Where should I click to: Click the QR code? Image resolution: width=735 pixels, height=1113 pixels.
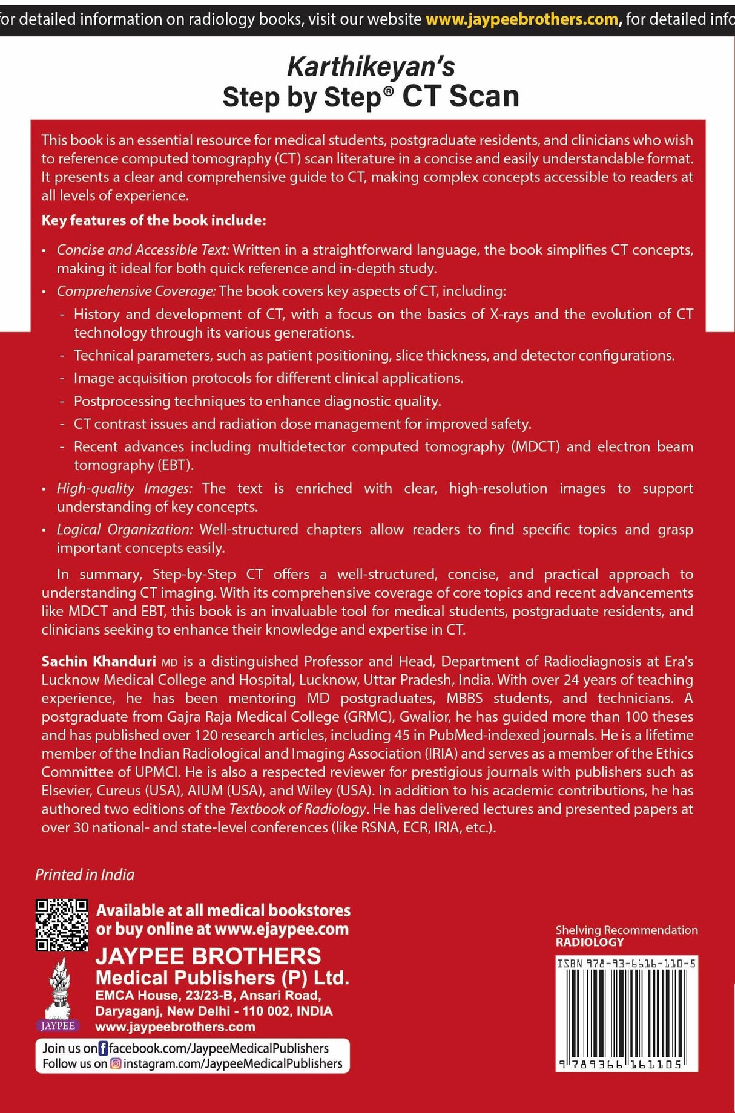(62, 925)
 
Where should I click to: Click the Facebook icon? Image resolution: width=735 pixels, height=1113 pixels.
(103, 1048)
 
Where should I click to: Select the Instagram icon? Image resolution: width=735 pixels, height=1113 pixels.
(115, 1063)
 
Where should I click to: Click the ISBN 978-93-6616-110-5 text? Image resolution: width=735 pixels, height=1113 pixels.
(627, 964)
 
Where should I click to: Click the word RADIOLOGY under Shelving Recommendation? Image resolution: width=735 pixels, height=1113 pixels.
(590, 942)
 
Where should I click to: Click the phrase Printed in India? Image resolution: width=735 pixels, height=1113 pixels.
(85, 875)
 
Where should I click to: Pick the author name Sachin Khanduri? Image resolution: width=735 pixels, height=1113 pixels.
(99, 661)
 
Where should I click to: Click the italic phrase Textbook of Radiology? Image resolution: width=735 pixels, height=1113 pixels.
(298, 809)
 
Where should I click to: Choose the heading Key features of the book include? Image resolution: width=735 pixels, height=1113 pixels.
(154, 220)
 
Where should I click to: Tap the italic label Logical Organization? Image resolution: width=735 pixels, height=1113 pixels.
(125, 529)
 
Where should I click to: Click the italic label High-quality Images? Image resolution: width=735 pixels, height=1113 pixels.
(124, 488)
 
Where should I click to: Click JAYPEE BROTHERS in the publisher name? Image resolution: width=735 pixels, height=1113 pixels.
(208, 956)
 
